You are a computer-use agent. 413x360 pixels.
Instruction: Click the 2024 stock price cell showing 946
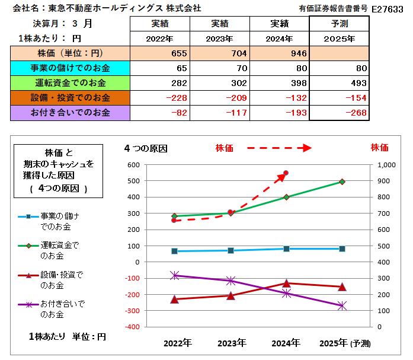(x=279, y=53)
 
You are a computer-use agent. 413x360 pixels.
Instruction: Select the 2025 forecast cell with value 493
(x=340, y=82)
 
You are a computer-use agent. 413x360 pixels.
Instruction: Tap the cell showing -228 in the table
(x=159, y=98)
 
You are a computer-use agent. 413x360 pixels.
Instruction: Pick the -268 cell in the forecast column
(x=340, y=113)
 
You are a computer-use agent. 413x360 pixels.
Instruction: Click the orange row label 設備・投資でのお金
(x=70, y=98)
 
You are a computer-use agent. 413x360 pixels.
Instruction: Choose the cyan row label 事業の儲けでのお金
(x=70, y=68)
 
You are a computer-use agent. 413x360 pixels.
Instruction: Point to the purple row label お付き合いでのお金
(x=70, y=113)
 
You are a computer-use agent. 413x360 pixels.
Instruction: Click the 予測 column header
(x=340, y=24)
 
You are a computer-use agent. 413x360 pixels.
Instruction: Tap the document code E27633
(x=388, y=9)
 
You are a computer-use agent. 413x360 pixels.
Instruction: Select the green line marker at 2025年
(x=341, y=181)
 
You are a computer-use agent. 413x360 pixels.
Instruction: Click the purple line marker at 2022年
(x=174, y=275)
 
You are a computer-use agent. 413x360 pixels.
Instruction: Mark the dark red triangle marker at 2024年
(x=286, y=283)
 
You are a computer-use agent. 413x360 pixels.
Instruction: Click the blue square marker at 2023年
(x=230, y=250)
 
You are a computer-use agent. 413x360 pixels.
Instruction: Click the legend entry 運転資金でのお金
(x=59, y=249)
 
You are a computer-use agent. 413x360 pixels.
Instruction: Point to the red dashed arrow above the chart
(x=278, y=148)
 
